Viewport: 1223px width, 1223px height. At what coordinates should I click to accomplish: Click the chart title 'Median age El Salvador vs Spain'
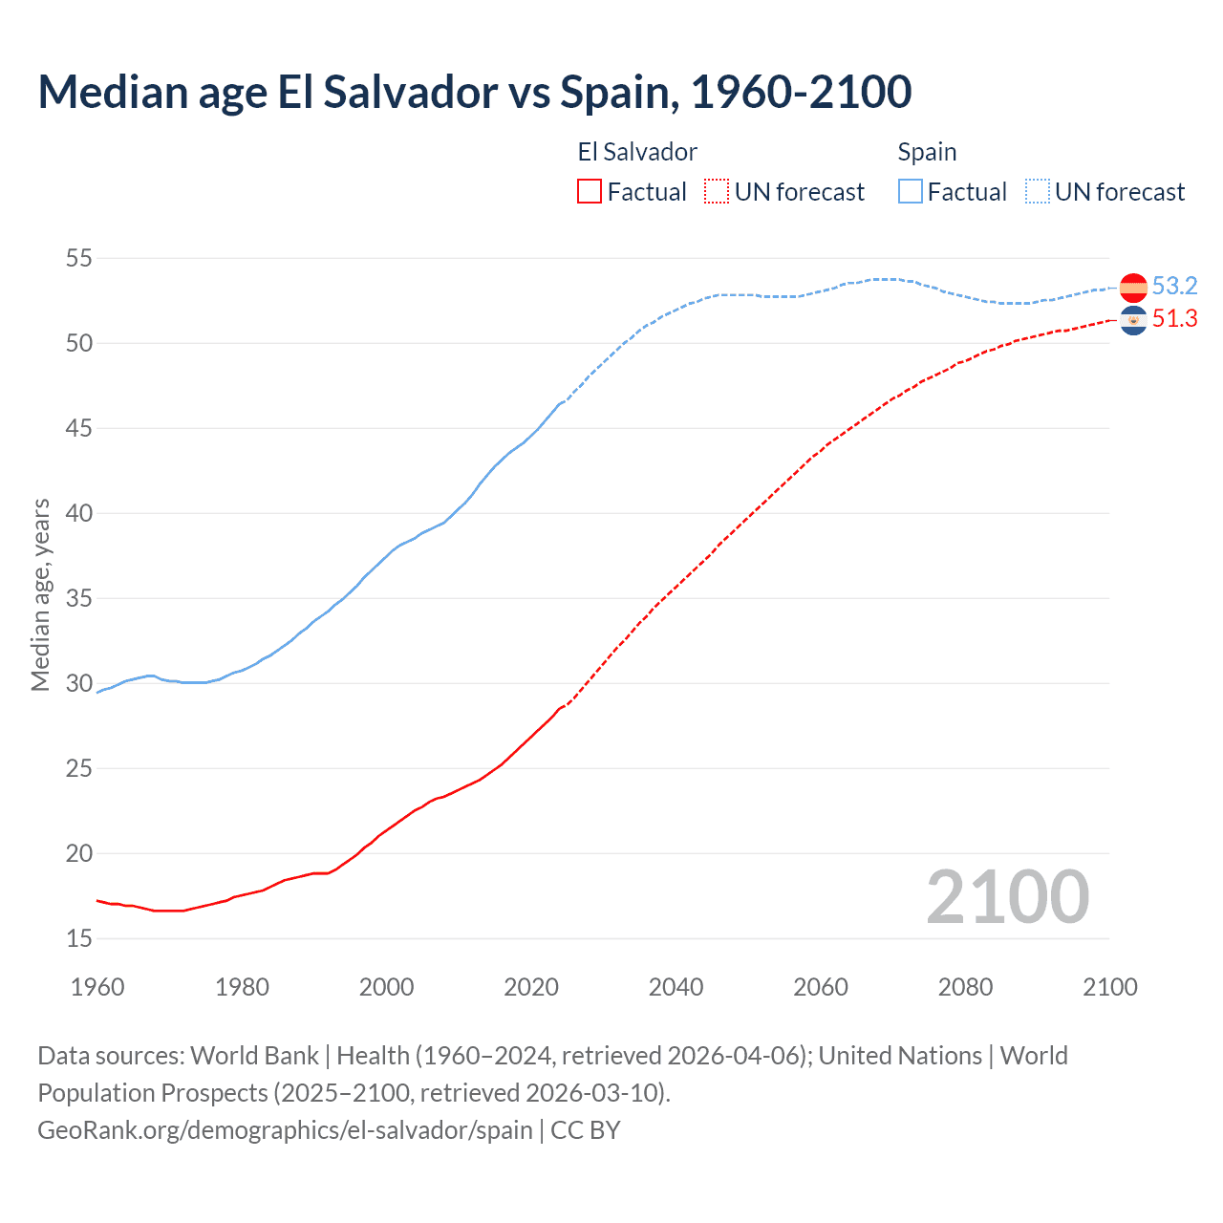[474, 93]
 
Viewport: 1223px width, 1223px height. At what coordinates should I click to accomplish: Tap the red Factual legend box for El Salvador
[590, 192]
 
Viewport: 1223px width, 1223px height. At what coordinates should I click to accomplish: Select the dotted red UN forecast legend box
[717, 192]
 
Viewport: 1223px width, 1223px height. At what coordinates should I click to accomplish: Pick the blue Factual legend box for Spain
[911, 192]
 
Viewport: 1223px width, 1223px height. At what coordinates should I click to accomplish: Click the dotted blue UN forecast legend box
[1038, 192]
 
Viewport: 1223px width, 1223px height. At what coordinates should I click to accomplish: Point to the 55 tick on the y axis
[79, 258]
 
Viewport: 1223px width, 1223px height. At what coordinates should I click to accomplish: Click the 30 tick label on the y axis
[79, 683]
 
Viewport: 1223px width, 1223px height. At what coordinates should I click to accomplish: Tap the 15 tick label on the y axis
[79, 939]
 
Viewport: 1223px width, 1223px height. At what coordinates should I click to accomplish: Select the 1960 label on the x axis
[97, 987]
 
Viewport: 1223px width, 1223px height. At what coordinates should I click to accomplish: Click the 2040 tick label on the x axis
[676, 987]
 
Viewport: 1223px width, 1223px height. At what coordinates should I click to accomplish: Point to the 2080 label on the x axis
[965, 987]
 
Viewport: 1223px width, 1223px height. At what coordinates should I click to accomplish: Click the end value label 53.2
[1174, 286]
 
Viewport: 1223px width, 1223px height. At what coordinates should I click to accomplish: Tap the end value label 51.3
[1174, 319]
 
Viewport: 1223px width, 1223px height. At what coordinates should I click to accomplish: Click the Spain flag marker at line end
[1133, 287]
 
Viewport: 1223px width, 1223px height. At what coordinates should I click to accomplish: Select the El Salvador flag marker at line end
[1133, 321]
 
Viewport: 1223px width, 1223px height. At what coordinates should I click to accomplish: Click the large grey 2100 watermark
[1007, 897]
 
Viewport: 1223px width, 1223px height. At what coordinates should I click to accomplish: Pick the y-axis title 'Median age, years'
[40, 594]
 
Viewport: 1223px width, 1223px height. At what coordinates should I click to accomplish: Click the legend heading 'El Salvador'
[637, 152]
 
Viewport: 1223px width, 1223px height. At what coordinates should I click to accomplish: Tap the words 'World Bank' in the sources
[254, 1056]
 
